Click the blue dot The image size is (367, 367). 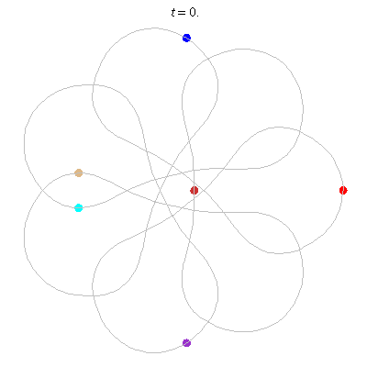(186, 38)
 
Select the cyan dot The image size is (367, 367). (79, 208)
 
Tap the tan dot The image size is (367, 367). (79, 172)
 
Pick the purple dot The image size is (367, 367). (186, 343)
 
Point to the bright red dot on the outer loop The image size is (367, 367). (343, 190)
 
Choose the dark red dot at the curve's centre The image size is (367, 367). (195, 190)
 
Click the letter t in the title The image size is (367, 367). (173, 13)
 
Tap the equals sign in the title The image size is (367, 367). (182, 13)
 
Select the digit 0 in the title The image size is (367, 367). (193, 12)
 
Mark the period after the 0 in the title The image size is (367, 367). (197, 16)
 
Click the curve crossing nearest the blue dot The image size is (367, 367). (208, 58)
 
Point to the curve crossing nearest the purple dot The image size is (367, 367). (208, 322)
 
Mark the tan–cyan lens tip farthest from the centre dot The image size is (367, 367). (41, 190)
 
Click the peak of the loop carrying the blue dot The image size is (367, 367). (154, 28)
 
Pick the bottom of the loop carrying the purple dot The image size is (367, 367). (154, 352)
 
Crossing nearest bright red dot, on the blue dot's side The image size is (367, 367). (300, 131)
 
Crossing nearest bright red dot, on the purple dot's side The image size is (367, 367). (300, 250)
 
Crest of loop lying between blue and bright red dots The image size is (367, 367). (243, 49)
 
